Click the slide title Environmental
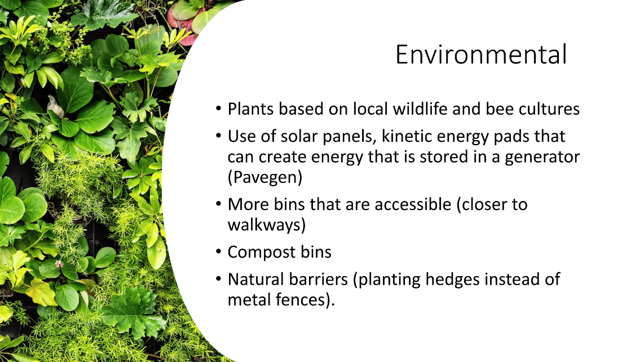tap(481, 54)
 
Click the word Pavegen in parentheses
tap(265, 177)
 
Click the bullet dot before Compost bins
tap(218, 252)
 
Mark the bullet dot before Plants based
tap(218, 109)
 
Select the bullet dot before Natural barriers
tap(218, 280)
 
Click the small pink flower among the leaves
tap(59, 264)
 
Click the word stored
tap(444, 157)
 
